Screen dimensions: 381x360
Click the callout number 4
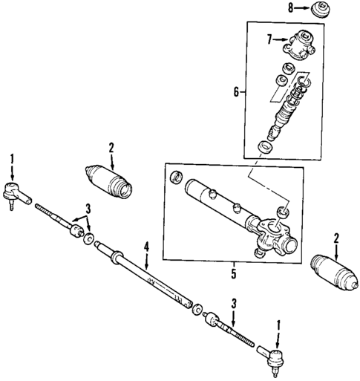(x=147, y=247)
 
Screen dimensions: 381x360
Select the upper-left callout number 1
(x=11, y=158)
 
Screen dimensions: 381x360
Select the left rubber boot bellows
(x=110, y=181)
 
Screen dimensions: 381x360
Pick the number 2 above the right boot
(x=338, y=239)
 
